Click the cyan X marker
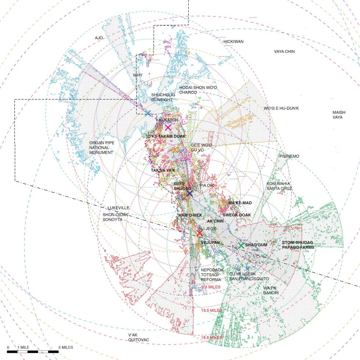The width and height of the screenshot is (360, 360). tap(148, 113)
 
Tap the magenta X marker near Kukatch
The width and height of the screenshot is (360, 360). tap(168, 127)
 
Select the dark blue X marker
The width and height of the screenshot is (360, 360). tap(189, 193)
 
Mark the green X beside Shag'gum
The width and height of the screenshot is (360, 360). tap(241, 245)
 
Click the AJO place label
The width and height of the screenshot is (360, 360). tap(98, 38)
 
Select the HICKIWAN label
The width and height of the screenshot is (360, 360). tap(234, 42)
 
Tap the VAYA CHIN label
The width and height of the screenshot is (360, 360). tap(284, 52)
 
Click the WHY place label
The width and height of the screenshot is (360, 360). tap(137, 75)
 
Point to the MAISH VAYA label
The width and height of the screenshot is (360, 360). tap(337, 115)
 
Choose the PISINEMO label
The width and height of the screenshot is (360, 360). tap(289, 156)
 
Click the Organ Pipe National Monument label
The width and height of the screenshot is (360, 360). tap(101, 147)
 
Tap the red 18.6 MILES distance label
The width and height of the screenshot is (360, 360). tap(211, 337)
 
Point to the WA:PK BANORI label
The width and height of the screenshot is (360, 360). tap(271, 290)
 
